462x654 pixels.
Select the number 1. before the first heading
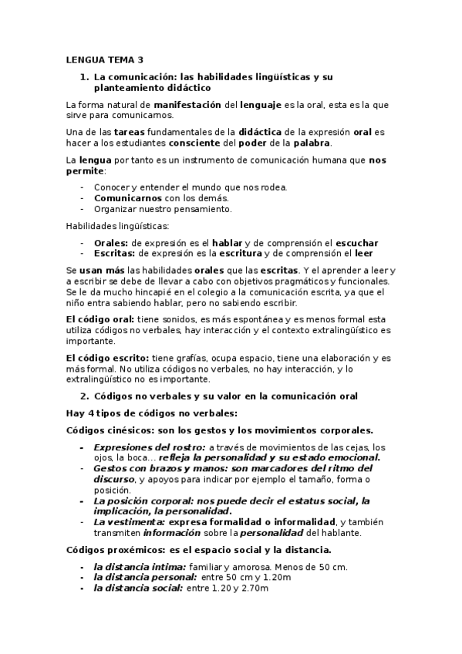(85, 77)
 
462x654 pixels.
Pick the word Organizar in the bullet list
(113, 208)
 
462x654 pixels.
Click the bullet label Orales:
(110, 243)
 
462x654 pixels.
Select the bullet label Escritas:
(114, 253)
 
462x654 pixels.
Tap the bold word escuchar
(356, 243)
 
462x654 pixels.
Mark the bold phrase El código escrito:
(107, 358)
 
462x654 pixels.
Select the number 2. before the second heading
(85, 396)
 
